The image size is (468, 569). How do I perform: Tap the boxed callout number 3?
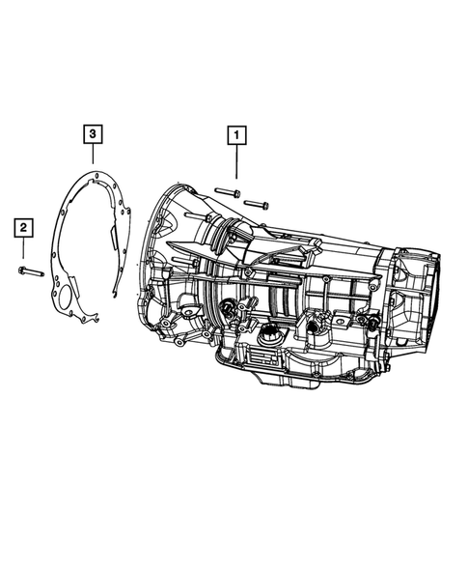point(91,133)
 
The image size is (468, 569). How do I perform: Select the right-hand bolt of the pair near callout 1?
point(256,204)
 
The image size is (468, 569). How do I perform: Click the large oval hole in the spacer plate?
point(68,296)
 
